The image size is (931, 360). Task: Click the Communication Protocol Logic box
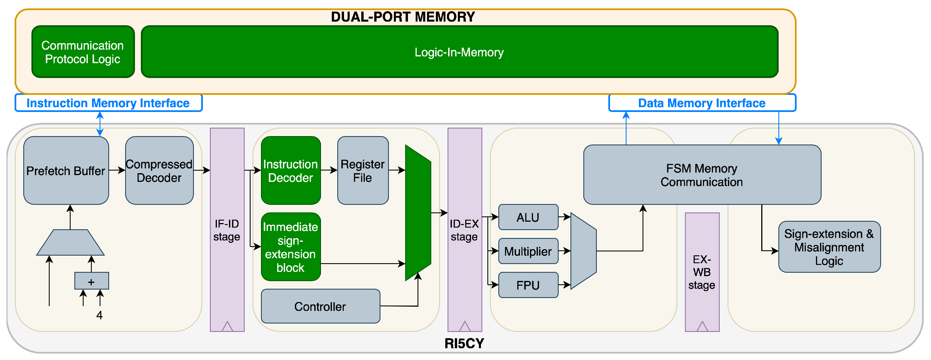(83, 52)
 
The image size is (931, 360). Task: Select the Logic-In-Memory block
(459, 52)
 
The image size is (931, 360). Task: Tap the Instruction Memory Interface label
(108, 103)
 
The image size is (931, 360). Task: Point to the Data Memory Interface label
(701, 103)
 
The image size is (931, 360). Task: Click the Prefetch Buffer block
(66, 170)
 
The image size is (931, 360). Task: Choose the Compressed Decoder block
(159, 170)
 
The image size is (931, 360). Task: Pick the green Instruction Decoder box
(291, 170)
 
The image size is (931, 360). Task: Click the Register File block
(363, 170)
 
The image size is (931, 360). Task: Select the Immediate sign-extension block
(291, 247)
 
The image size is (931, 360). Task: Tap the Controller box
(320, 306)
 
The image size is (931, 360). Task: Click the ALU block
(528, 217)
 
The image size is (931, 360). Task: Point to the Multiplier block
(528, 251)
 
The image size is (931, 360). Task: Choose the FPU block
(528, 285)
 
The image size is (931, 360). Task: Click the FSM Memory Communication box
(701, 175)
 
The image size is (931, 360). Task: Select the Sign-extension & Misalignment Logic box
(829, 247)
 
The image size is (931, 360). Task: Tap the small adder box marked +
(91, 281)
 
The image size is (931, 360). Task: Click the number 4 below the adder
(99, 315)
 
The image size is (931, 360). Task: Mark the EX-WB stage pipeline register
(702, 272)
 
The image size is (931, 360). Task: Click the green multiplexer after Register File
(418, 212)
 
